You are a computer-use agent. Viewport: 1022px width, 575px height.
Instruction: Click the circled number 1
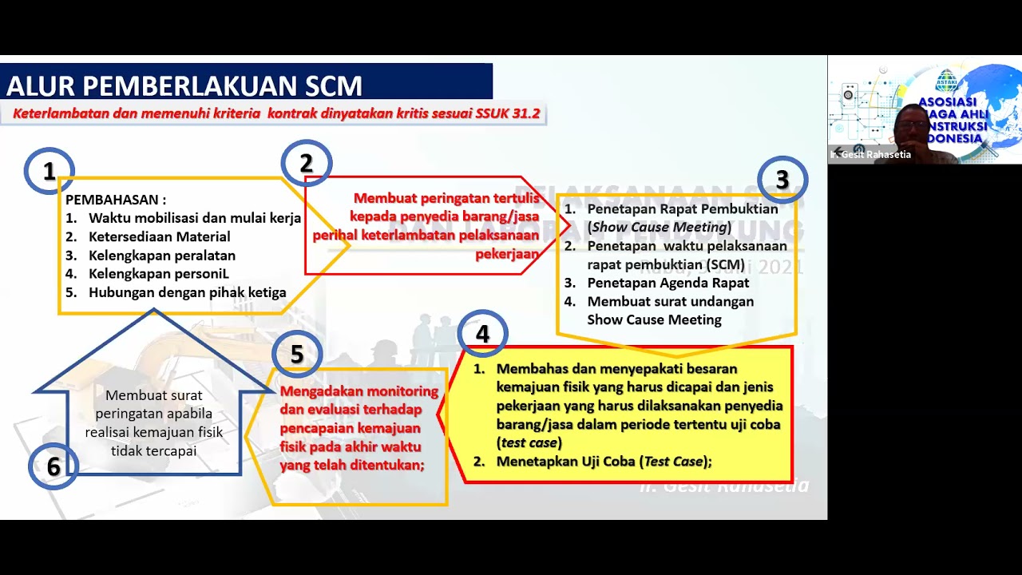click(49, 171)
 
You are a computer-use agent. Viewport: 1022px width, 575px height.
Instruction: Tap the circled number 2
click(306, 163)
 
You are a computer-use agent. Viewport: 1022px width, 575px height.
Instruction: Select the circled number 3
click(782, 180)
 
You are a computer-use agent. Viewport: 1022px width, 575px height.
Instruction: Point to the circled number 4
click(482, 333)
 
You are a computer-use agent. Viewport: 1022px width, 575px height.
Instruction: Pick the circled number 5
click(296, 354)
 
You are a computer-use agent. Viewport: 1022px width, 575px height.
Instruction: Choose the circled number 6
click(53, 466)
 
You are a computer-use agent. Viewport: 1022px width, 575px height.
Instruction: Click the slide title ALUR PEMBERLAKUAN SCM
click(184, 85)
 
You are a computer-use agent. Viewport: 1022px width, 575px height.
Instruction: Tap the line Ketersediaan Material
click(159, 236)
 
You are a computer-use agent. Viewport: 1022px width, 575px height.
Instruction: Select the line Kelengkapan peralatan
click(161, 256)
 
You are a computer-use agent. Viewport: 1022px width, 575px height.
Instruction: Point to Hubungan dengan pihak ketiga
click(187, 292)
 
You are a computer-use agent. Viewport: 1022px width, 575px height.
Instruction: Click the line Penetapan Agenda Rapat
click(667, 283)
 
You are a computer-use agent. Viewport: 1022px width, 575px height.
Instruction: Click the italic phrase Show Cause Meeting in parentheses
click(660, 227)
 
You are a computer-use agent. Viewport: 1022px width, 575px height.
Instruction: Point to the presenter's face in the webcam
click(911, 123)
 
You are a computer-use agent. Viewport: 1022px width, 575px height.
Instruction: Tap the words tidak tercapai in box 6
click(153, 450)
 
